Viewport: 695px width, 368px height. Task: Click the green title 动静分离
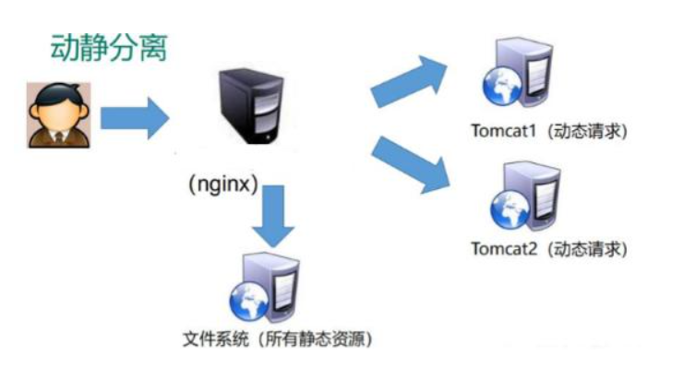109,47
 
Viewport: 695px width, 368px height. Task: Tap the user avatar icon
59,115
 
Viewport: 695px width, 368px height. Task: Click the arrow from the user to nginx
135,118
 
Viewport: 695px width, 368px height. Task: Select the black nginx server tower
252,106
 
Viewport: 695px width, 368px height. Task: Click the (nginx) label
223,184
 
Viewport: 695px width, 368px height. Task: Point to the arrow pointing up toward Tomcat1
409,81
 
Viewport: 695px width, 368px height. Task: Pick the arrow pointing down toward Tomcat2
411,165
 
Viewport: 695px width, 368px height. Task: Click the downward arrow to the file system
273,216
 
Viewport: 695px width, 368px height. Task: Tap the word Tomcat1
504,131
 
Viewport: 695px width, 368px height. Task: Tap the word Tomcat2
504,249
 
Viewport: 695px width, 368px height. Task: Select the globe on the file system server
249,300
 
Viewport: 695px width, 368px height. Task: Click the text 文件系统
215,339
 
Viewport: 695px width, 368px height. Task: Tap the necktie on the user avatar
58,137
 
